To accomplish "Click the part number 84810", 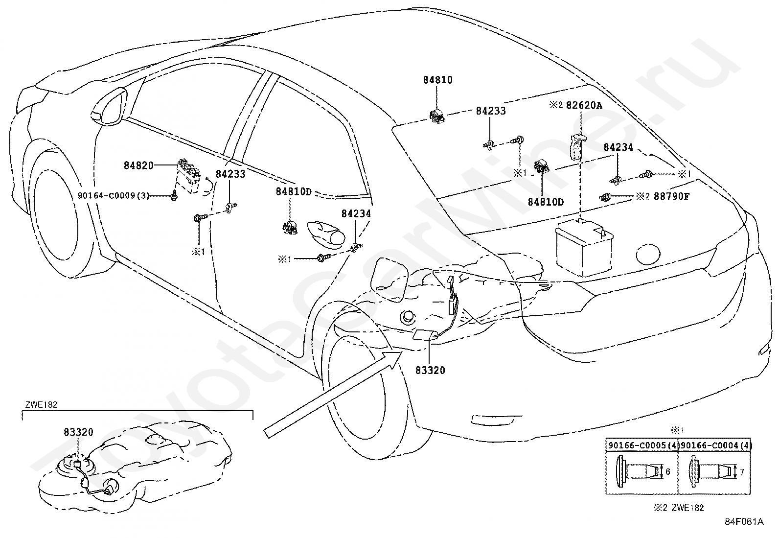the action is (x=438, y=80).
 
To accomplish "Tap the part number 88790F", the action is (x=671, y=197).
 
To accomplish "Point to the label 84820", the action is (x=138, y=165).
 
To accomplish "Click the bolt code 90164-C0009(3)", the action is (x=114, y=196).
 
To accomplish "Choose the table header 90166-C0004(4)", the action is (x=715, y=446).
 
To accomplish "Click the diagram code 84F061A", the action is (x=744, y=521).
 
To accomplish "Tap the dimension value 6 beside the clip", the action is (x=668, y=472).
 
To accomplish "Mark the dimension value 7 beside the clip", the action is (x=742, y=472).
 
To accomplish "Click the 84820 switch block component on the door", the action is (x=188, y=176).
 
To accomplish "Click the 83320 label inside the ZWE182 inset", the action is (x=79, y=432).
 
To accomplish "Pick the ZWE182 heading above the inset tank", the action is (x=41, y=405).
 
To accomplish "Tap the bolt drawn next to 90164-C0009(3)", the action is (x=174, y=196).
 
